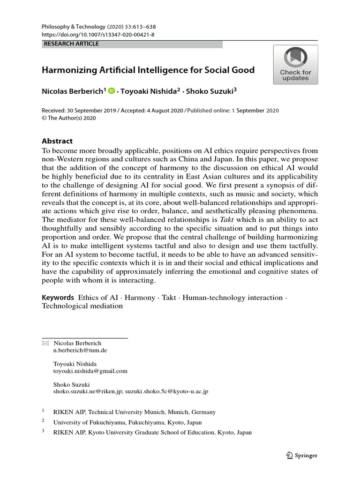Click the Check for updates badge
[295, 65]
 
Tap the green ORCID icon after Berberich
[111, 91]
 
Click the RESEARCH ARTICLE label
[71, 44]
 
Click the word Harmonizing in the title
[71, 70]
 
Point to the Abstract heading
[57, 141]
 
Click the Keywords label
[58, 298]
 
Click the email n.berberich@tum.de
[80, 350]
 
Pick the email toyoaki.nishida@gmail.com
[90, 371]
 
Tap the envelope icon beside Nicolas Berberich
[45, 343]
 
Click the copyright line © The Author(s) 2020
[69, 118]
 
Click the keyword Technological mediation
[82, 306]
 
